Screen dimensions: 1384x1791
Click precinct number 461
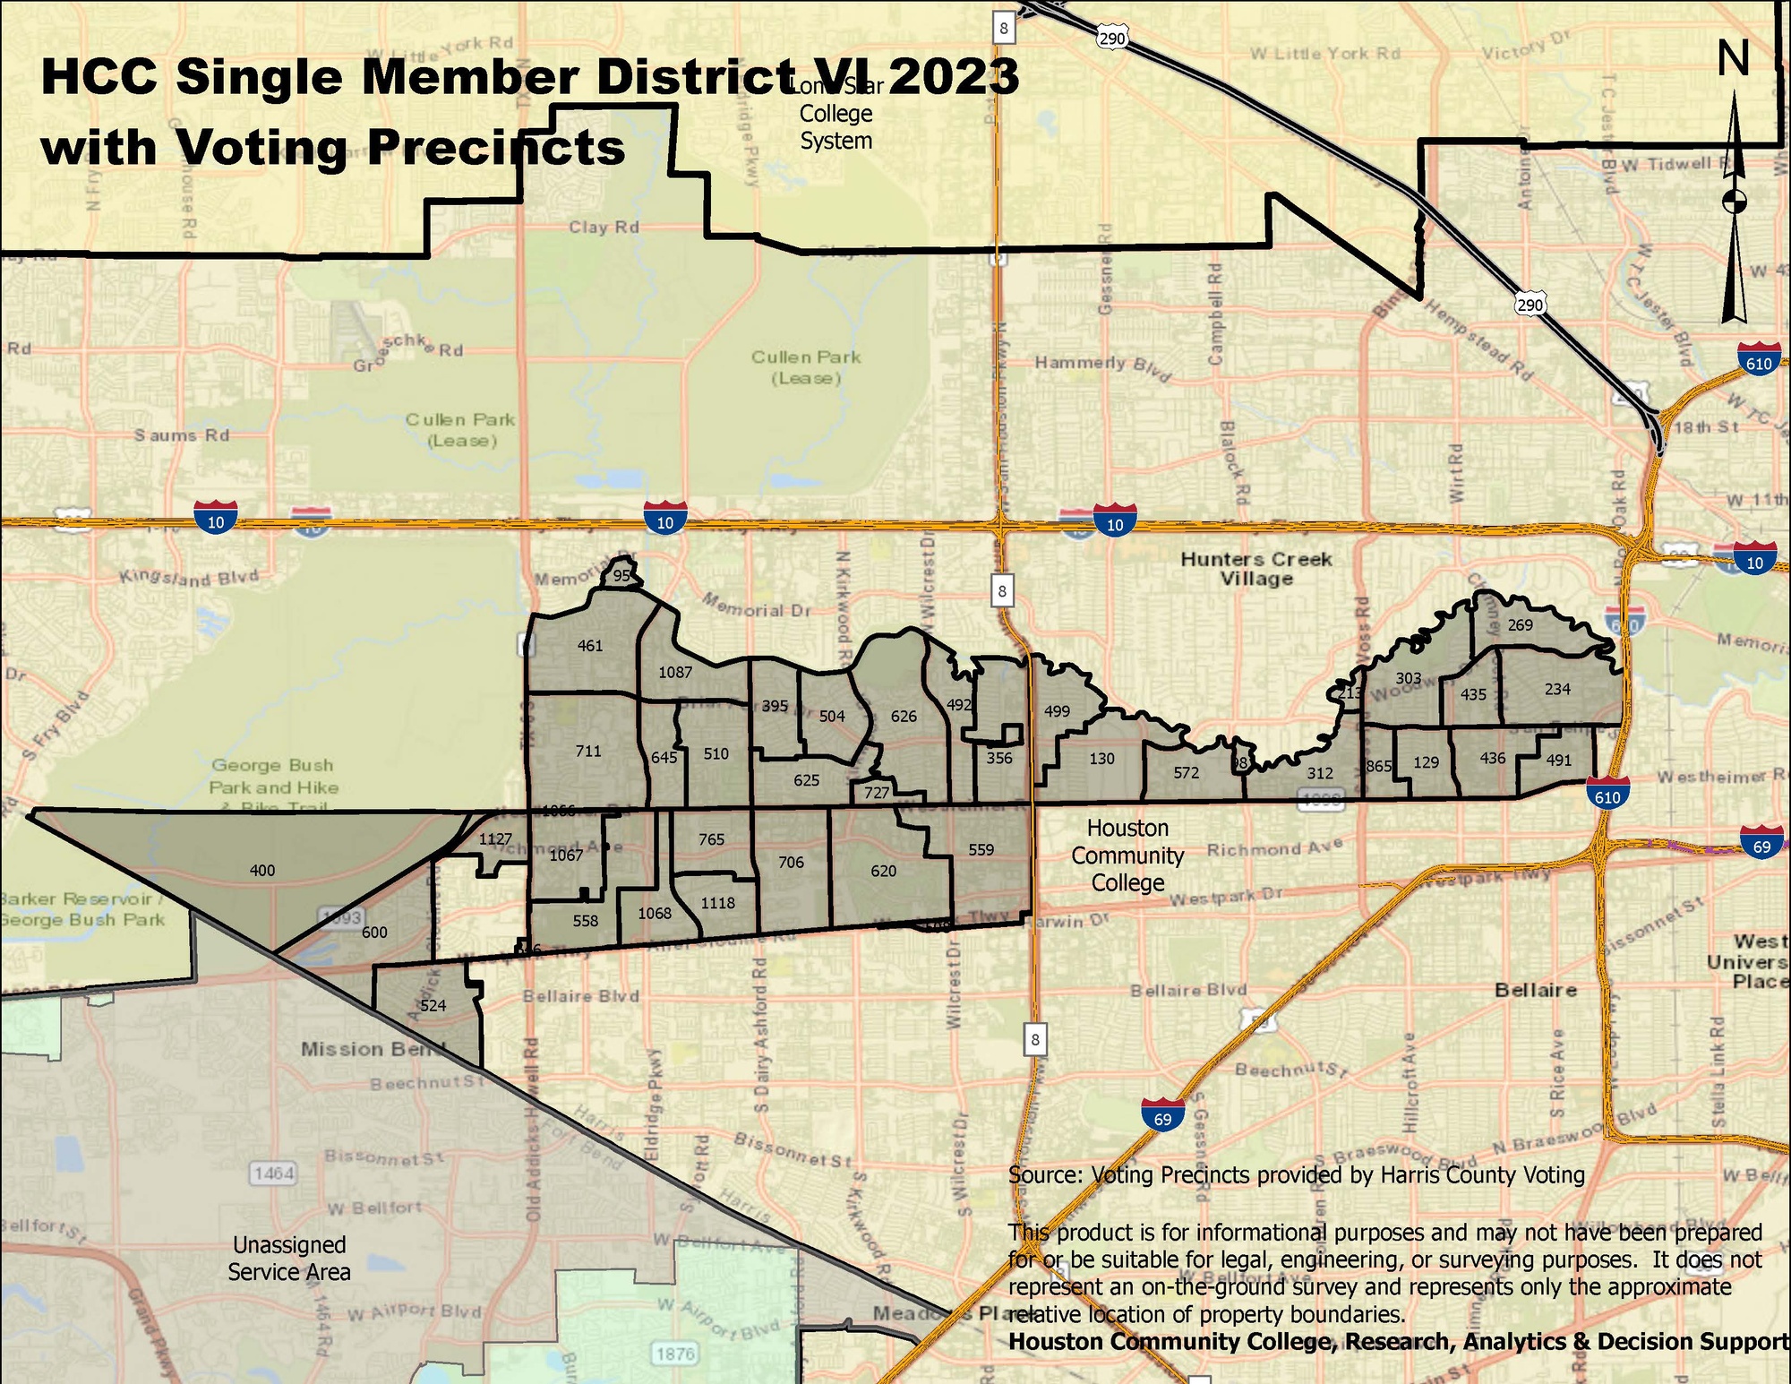tap(590, 646)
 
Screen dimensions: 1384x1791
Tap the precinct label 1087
tap(675, 672)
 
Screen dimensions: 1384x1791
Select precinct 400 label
tap(262, 870)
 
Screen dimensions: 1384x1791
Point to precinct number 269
tap(1521, 625)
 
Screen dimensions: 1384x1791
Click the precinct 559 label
tap(981, 849)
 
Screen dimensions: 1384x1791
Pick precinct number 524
tap(433, 1005)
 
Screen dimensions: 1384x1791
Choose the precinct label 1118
tap(718, 903)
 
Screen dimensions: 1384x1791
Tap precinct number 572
tap(1187, 772)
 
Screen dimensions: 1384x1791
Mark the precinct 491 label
tap(1559, 760)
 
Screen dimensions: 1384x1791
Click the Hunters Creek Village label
tap(1256, 569)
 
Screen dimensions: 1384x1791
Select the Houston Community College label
tap(1127, 855)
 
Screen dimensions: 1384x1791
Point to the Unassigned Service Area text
tap(289, 1258)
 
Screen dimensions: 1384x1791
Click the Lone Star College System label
tap(836, 115)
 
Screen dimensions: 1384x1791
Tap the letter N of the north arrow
tap(1734, 59)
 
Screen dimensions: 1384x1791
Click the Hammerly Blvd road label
tap(1102, 365)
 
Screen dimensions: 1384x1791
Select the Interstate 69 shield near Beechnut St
tap(1162, 1116)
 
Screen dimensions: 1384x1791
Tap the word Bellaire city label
tap(1536, 990)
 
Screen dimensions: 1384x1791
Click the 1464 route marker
tap(274, 1173)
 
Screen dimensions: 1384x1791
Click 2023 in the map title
tap(954, 76)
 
